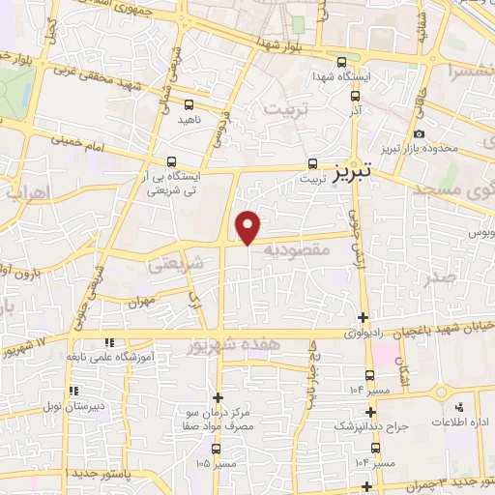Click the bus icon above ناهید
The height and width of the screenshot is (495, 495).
click(188, 103)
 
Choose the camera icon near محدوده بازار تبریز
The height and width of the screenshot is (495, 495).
click(418, 134)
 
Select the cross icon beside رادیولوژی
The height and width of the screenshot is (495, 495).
click(363, 317)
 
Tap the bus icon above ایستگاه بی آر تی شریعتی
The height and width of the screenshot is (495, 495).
click(171, 161)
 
